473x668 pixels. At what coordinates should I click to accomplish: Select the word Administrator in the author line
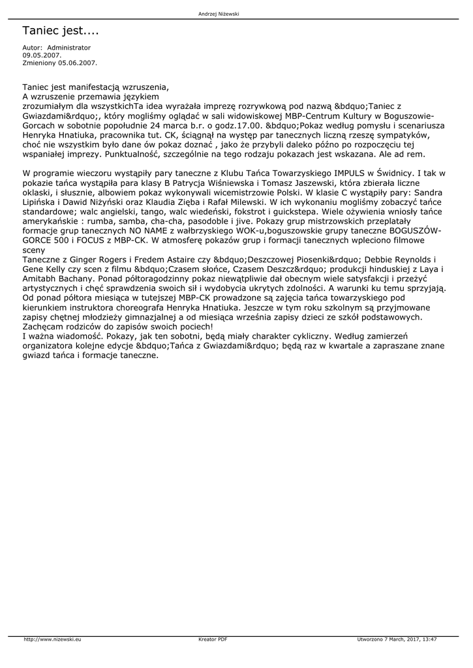pyautogui.click(x=69, y=48)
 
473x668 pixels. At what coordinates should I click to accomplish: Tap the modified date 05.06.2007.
pyautogui.click(x=78, y=63)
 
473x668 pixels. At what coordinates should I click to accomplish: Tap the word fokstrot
pyautogui.click(x=274, y=213)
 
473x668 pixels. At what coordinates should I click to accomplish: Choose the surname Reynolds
pyautogui.click(x=405, y=260)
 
